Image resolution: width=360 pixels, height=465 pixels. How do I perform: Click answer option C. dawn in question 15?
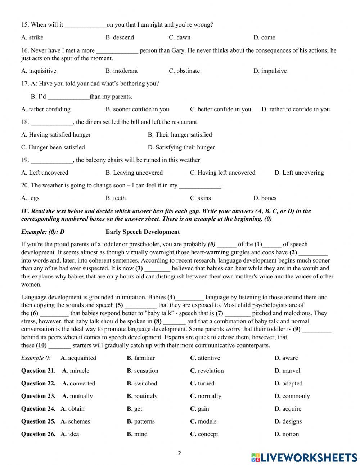coord(179,37)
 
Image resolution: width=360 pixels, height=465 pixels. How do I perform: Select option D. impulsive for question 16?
coord(270,71)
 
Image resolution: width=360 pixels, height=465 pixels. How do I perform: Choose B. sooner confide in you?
coord(137,109)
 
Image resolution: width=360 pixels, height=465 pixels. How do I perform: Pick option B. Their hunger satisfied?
coord(180,135)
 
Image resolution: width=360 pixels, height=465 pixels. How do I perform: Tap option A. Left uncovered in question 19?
coord(45,173)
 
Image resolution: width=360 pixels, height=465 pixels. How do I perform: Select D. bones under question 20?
coord(265,198)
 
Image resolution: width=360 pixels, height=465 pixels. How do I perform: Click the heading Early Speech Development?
coord(143,232)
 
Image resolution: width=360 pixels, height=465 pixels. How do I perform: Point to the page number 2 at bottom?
coord(179,453)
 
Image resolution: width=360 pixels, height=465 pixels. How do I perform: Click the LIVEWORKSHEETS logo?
coord(304,457)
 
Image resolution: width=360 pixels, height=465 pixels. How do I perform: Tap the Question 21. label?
coord(38,371)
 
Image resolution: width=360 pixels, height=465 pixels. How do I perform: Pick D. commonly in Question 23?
coord(292,396)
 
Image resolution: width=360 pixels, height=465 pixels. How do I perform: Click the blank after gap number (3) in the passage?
coord(157,269)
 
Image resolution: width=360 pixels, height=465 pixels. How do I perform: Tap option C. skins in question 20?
coord(200,198)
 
